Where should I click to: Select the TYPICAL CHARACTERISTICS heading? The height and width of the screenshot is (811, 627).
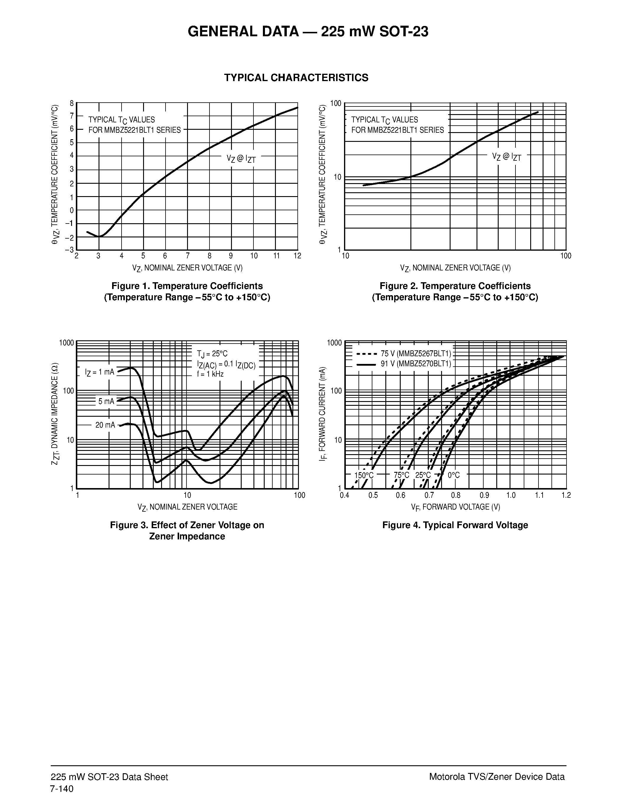tap(296, 78)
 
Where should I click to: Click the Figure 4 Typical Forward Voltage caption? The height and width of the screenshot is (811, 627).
tap(455, 525)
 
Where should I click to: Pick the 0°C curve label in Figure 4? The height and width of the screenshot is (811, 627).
tap(454, 475)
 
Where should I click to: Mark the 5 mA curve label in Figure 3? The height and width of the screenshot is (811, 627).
tap(106, 401)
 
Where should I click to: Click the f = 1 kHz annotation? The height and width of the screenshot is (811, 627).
tap(210, 374)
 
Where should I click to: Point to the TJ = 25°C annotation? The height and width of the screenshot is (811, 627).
tap(212, 354)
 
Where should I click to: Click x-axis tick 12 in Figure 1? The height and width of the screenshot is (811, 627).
tap(297, 256)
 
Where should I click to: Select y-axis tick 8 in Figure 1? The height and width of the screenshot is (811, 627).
tap(72, 103)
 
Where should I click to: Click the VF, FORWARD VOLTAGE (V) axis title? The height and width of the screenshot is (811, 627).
tap(455, 507)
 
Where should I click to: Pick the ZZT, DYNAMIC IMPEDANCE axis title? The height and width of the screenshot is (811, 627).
tap(55, 414)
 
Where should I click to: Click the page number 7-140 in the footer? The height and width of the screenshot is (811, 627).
tap(62, 789)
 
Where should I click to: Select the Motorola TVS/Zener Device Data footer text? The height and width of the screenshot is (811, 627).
tap(497, 777)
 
